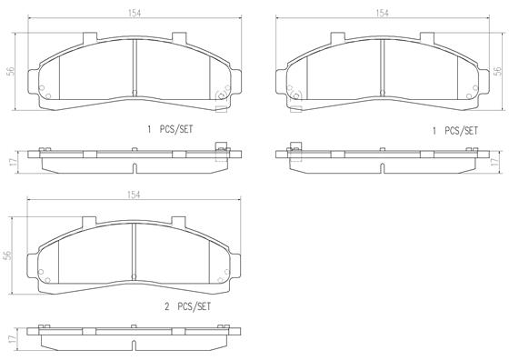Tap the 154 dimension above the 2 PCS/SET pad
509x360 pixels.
[134, 195]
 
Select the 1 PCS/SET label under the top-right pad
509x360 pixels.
[454, 130]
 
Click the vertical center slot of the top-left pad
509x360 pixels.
[134, 68]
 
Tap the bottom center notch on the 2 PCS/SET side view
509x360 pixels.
[134, 345]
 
